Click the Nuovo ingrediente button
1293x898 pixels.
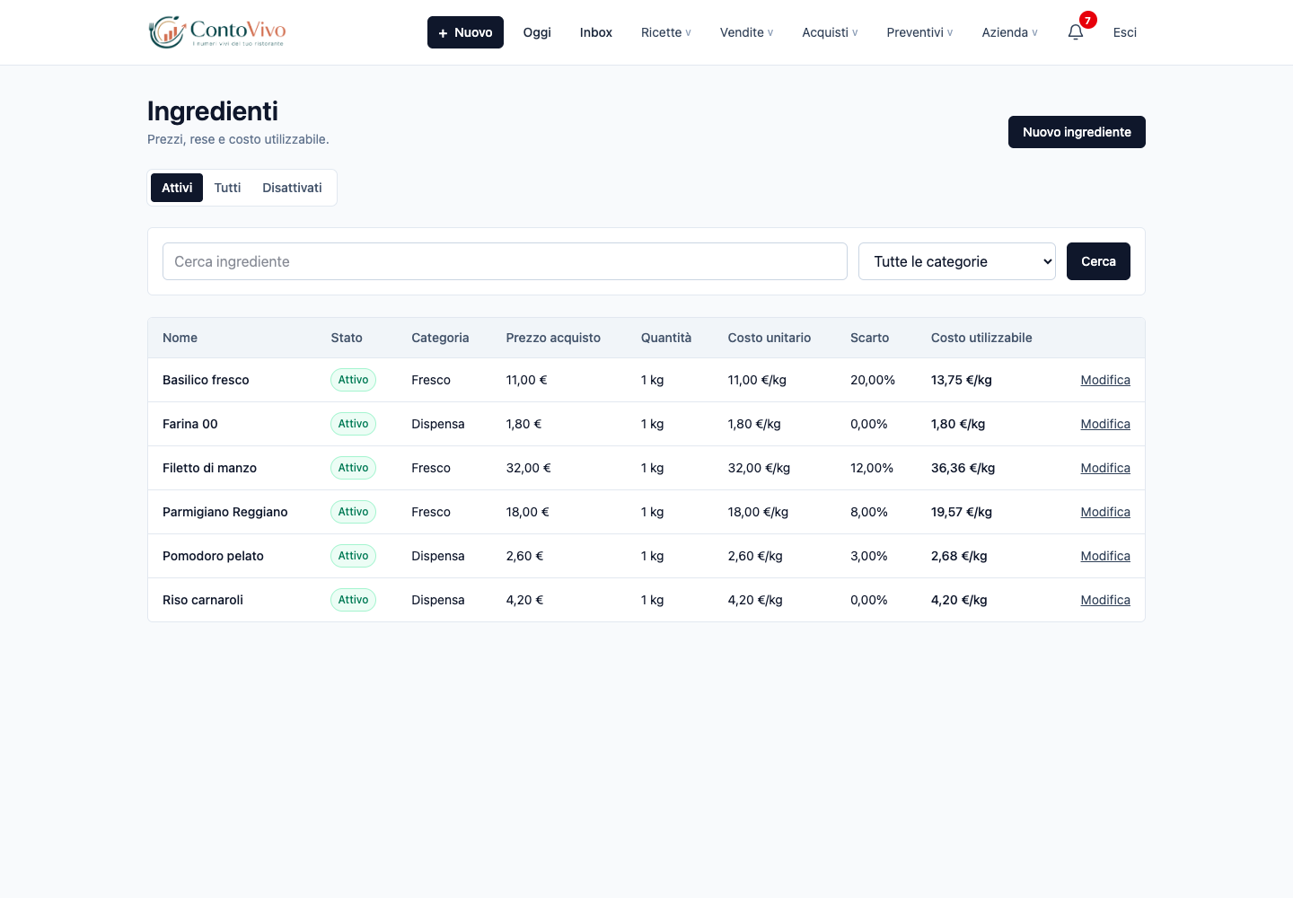(x=1077, y=132)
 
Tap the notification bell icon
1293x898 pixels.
(x=1076, y=32)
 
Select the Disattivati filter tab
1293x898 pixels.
(x=292, y=188)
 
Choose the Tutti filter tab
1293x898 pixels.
(x=227, y=188)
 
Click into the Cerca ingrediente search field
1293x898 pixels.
(x=505, y=261)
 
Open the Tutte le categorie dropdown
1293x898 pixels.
(x=956, y=261)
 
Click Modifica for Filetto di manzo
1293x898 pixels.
(x=1104, y=468)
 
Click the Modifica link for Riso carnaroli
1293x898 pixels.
(x=1104, y=600)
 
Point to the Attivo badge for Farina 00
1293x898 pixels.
(x=353, y=424)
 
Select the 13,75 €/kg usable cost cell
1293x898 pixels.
(x=961, y=380)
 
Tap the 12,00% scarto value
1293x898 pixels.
(x=872, y=468)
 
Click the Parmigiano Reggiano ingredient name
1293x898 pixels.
(x=224, y=512)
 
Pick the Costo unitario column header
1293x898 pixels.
(x=769, y=338)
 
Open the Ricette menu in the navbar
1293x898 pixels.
(x=665, y=32)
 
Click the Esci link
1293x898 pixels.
(x=1124, y=32)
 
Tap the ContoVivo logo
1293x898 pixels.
(x=217, y=32)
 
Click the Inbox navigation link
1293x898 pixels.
(x=595, y=32)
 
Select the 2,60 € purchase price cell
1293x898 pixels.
(x=524, y=556)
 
